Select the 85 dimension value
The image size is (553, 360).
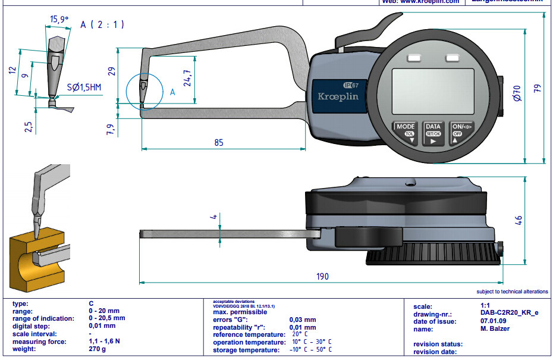219,143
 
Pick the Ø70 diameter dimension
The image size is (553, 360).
516,92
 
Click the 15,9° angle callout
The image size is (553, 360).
58,20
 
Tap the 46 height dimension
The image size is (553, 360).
519,220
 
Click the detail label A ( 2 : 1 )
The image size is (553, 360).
102,24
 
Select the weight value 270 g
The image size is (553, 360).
98,349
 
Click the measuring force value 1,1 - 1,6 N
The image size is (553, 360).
105,342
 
